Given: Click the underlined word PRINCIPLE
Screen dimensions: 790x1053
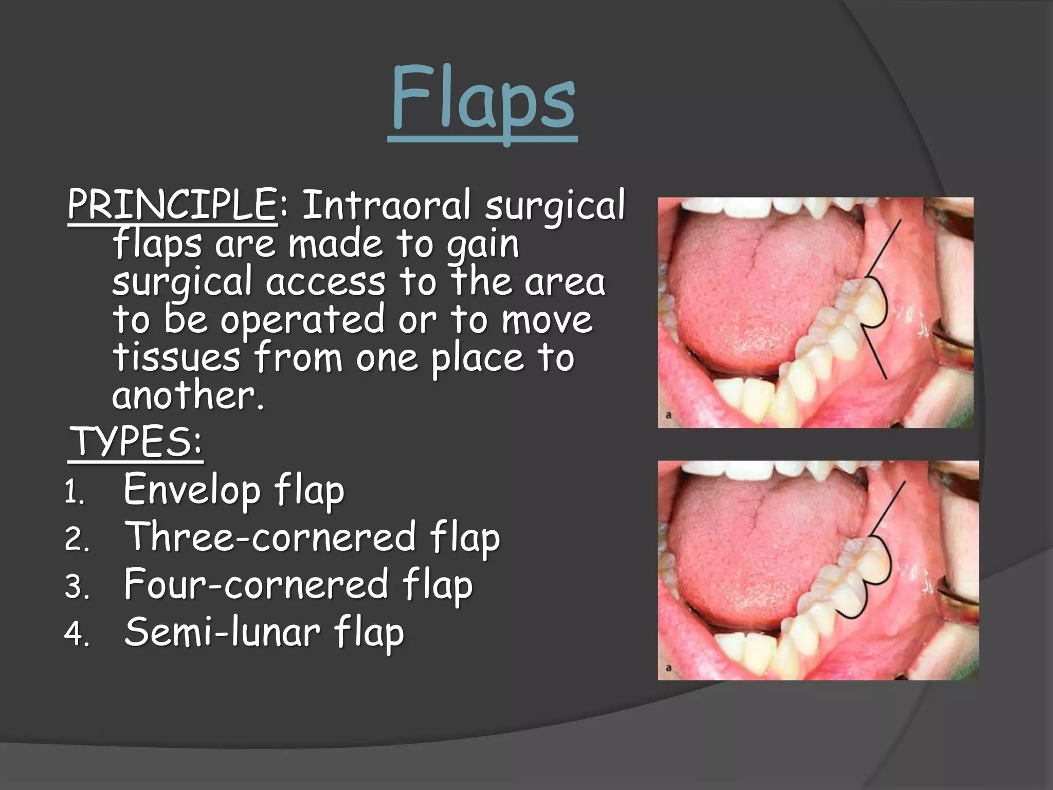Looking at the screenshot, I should click(x=172, y=205).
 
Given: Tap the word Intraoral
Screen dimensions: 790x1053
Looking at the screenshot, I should click(x=386, y=205).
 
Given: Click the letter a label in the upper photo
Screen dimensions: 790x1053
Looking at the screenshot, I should click(x=668, y=415).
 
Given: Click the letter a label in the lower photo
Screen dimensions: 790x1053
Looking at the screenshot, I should click(x=668, y=668).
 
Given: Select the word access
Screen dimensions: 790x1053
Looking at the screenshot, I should click(x=325, y=282).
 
